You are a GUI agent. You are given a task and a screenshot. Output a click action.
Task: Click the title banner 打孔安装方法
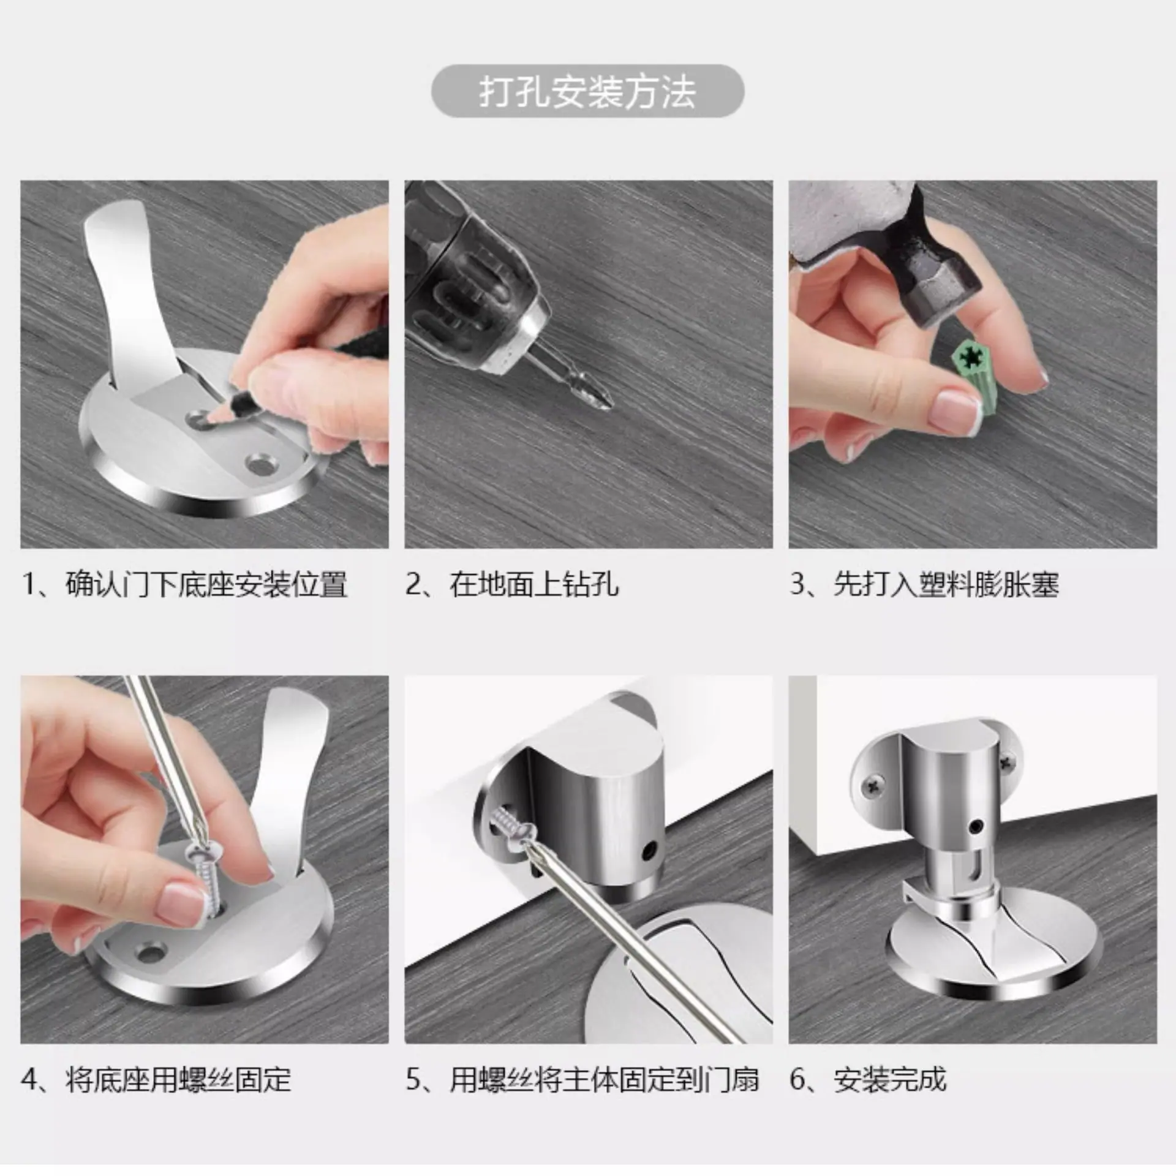[x=587, y=91]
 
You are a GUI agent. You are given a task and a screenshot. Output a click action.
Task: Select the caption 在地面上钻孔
[x=533, y=584]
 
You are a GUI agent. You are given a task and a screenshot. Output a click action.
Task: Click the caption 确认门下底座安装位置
[x=206, y=584]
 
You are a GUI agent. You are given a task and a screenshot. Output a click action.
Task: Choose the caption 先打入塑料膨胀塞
[x=946, y=584]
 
